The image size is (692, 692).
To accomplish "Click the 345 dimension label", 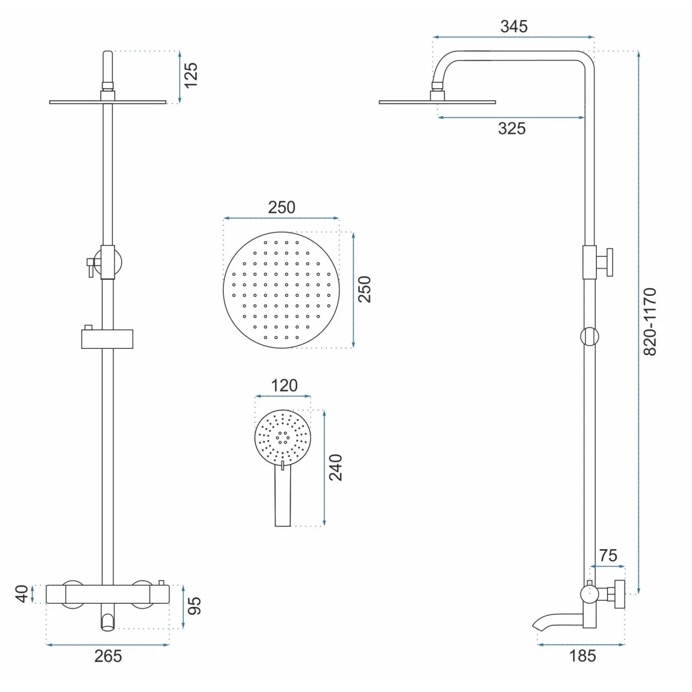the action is point(514,27).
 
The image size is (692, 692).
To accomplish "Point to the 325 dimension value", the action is point(512,129).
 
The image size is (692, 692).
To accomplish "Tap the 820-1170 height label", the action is point(650,322).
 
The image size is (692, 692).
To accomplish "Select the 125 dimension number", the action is point(191,75).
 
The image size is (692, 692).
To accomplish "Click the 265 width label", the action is point(108,656).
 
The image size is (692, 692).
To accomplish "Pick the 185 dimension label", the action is point(582,656).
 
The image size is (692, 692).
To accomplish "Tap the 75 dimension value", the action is point(608,555).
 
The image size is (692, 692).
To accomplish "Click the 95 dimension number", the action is point(194,606).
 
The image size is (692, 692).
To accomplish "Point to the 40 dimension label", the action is point(21,593).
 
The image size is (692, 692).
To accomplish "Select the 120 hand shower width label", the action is point(284,385).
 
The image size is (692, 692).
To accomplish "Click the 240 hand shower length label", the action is point(336,468).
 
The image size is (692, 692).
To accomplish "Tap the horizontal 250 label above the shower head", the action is point(281,207).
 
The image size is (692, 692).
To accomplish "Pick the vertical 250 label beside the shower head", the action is point(364,289).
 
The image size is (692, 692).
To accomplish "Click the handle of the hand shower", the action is point(283,495).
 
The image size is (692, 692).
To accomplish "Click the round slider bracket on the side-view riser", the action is point(590,336).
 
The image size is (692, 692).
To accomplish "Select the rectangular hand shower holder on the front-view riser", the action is point(107,339).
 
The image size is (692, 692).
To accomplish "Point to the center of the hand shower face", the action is point(283,437).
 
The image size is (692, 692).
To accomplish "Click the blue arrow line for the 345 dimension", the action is point(513,37).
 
